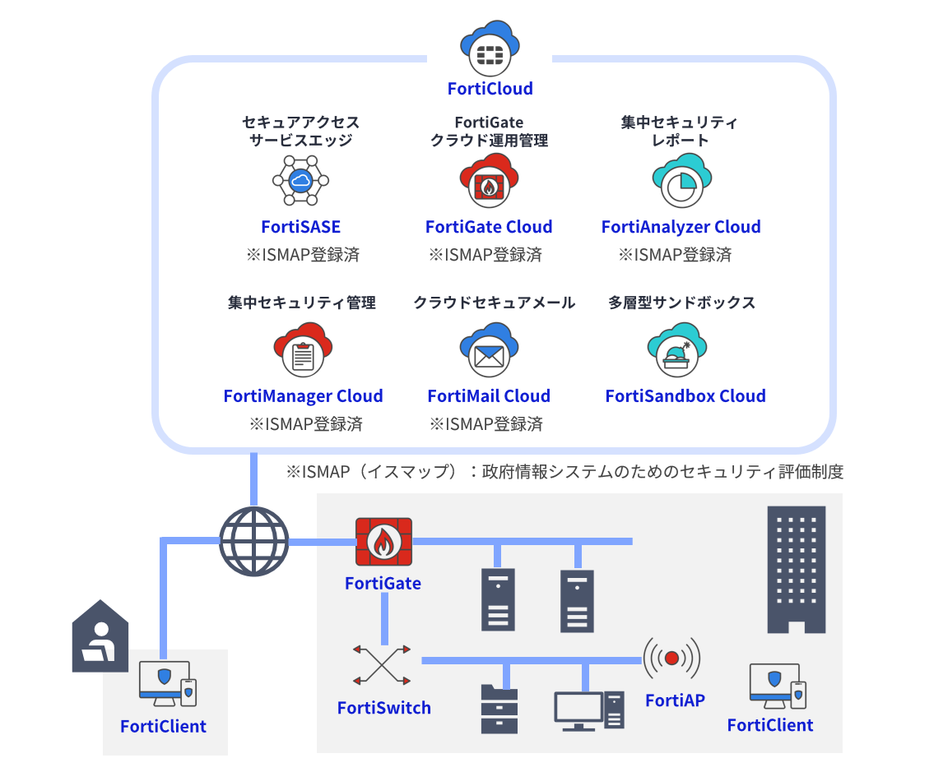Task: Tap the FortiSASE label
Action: (x=300, y=227)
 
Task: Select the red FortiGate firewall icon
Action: (x=383, y=542)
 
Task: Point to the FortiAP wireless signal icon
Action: (x=671, y=658)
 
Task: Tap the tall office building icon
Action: (x=796, y=570)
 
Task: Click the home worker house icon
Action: (x=100, y=636)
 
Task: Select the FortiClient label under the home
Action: (x=163, y=727)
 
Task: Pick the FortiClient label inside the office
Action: (x=770, y=725)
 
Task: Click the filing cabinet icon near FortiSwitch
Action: (x=499, y=709)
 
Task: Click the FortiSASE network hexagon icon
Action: (x=300, y=180)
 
